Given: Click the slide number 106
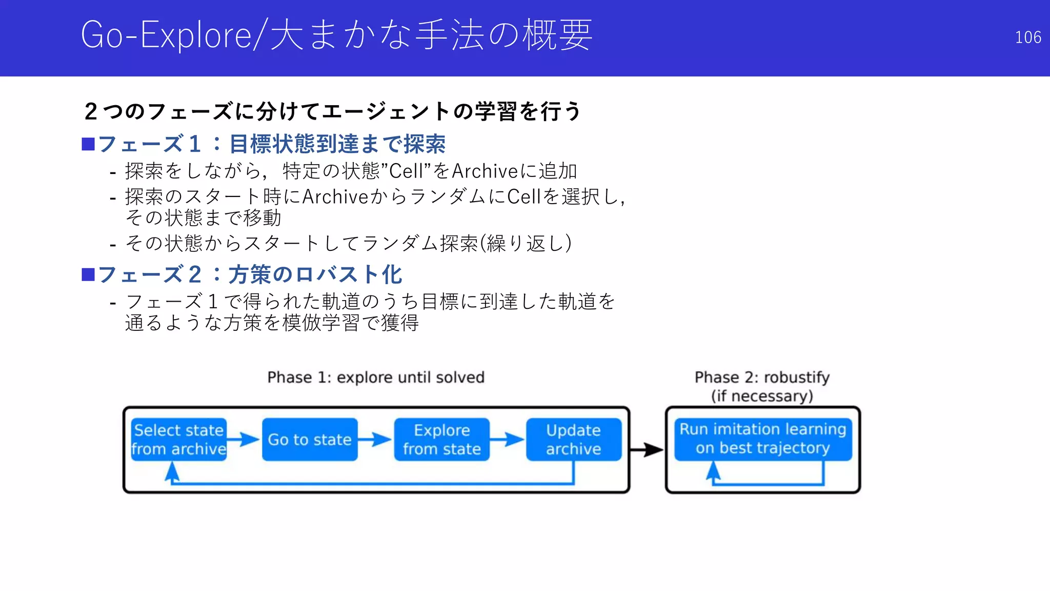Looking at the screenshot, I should click(1027, 37).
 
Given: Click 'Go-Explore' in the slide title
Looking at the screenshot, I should click(166, 35).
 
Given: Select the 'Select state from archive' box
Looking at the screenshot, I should click(178, 440).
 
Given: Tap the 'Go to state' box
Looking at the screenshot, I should click(309, 440).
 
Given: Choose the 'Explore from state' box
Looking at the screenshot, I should click(441, 440).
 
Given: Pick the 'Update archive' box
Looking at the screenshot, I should click(573, 440).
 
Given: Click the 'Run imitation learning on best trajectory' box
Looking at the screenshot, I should click(762, 439).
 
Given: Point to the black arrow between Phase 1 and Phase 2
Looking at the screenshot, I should click(647, 450).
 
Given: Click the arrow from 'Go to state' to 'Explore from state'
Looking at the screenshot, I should click(375, 440).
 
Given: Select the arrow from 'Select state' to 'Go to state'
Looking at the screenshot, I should click(244, 440).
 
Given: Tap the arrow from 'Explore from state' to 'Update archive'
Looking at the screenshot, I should click(507, 440).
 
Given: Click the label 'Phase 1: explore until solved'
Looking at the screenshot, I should click(376, 378).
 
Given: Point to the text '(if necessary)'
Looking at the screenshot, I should click(762, 396).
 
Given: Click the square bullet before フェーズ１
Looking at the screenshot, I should click(88, 144).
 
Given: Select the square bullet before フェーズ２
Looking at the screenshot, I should click(88, 275).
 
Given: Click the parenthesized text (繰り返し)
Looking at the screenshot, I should click(526, 243).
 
